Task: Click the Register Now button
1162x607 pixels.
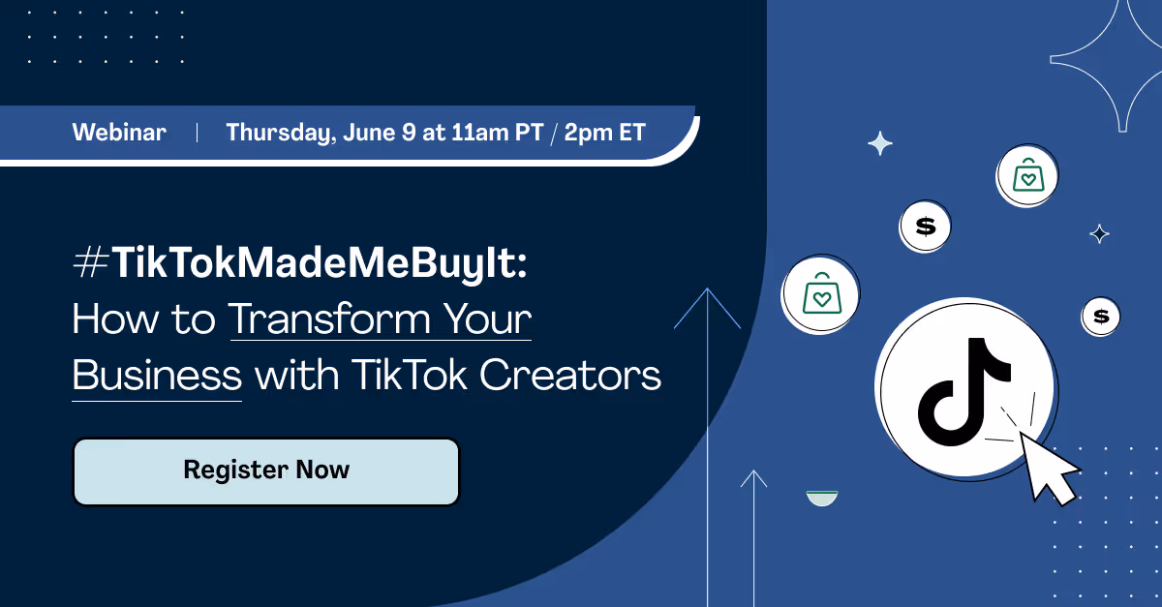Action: click(266, 471)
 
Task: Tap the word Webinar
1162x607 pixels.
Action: click(119, 133)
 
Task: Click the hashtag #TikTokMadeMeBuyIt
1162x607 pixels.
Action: click(300, 264)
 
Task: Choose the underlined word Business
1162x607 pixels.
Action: click(157, 376)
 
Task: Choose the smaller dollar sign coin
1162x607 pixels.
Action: click(1100, 316)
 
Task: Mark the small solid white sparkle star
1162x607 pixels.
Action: click(880, 144)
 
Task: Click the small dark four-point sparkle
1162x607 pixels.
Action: click(1099, 233)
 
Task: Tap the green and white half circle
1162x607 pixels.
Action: click(822, 499)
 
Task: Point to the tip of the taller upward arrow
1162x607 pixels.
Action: click(708, 289)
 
